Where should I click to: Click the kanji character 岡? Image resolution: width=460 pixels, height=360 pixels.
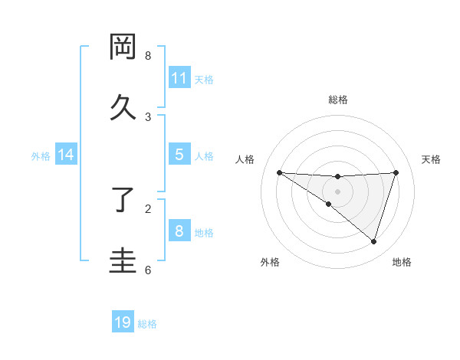pos(123,47)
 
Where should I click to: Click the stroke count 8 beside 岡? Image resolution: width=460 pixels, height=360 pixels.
pos(147,56)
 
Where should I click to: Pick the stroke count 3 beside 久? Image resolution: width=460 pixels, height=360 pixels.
pos(147,116)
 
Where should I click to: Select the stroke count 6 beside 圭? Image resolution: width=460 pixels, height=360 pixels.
pos(147,270)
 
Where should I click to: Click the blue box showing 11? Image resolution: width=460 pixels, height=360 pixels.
pos(179,78)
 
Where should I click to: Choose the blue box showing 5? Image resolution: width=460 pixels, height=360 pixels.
pos(179,155)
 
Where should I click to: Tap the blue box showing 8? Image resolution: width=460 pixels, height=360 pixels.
pos(179,231)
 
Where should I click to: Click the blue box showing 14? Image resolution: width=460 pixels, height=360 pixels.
pos(66,155)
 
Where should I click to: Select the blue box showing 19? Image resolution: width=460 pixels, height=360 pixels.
pos(123,322)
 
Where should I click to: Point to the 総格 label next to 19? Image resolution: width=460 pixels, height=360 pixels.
pos(147,324)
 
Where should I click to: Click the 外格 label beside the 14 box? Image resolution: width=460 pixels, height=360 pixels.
pos(41,156)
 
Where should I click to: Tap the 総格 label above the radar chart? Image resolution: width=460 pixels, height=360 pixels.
pos(338,100)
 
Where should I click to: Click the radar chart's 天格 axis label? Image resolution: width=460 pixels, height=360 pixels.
pos(432,159)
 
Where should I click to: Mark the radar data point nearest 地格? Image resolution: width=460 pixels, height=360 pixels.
pos(373,241)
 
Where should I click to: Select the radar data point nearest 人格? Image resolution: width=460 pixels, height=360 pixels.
pos(279,172)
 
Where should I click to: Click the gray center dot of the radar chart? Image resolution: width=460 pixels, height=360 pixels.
pos(338,191)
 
